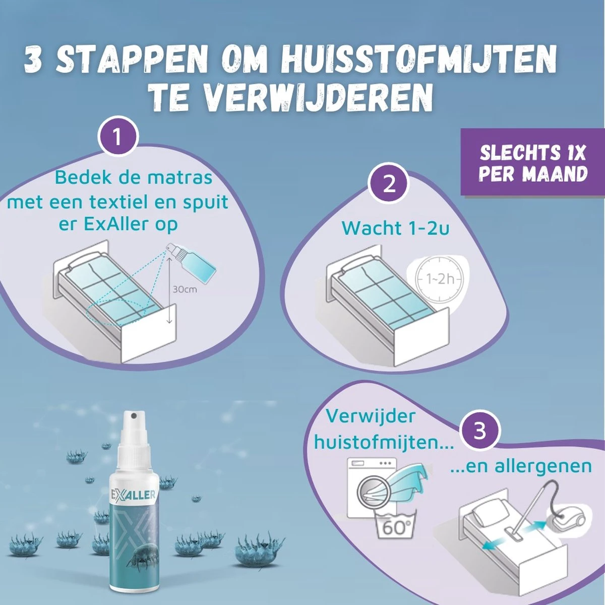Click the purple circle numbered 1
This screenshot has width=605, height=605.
(118, 137)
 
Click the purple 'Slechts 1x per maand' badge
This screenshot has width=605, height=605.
(533, 163)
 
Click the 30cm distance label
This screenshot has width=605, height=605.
(185, 290)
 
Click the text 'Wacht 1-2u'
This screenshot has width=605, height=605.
(395, 228)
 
